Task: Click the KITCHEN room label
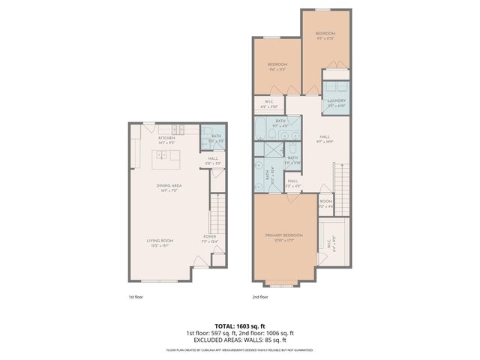pyautogui.click(x=166, y=139)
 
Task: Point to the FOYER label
pyautogui.click(x=209, y=238)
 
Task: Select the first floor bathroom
pyautogui.click(x=212, y=139)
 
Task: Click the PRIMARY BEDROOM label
pyautogui.click(x=283, y=236)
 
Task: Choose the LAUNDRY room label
pyautogui.click(x=336, y=103)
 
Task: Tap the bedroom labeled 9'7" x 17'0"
pyautogui.click(x=325, y=35)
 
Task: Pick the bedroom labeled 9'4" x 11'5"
pyautogui.click(x=277, y=66)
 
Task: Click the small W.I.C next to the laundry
pyautogui.click(x=268, y=103)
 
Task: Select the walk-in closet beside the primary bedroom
pyautogui.click(x=331, y=243)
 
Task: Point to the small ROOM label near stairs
pyautogui.click(x=325, y=203)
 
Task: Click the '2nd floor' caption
pyautogui.click(x=260, y=298)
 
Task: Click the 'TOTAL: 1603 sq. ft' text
pyautogui.click(x=240, y=326)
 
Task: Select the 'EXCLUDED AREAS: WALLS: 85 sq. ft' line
pyautogui.click(x=240, y=340)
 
